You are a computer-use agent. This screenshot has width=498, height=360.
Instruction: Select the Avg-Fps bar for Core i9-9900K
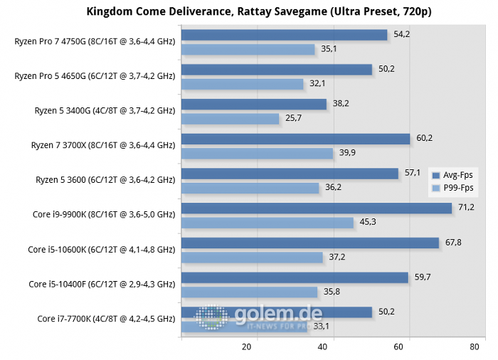(x=317, y=208)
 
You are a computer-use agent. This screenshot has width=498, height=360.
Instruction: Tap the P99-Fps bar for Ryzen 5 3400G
(x=231, y=119)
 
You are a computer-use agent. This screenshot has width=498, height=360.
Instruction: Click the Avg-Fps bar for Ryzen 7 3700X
(x=296, y=139)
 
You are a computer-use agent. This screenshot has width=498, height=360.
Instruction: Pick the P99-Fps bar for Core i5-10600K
(x=253, y=257)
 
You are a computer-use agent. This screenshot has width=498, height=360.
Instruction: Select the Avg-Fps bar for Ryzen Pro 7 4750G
(x=285, y=35)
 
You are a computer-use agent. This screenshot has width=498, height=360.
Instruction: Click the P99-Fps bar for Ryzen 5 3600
(x=250, y=188)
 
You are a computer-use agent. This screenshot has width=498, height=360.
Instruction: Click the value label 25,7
(x=295, y=118)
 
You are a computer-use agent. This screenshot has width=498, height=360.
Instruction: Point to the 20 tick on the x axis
(x=246, y=347)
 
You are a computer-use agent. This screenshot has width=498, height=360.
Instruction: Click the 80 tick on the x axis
(x=475, y=347)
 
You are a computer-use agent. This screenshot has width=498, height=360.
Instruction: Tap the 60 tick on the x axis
(x=398, y=347)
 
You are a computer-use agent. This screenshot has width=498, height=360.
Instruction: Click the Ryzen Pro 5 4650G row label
(x=95, y=75)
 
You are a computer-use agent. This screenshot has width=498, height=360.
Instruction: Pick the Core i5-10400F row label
(x=102, y=284)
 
